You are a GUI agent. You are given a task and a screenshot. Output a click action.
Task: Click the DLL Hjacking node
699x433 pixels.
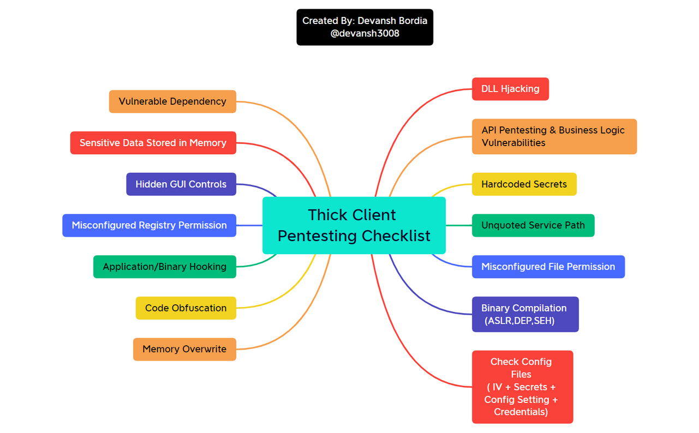[x=510, y=89]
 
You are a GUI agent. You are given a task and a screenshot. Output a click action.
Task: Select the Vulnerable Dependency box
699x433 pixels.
[x=172, y=101]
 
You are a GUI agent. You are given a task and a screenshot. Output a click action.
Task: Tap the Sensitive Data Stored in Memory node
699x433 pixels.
[x=153, y=143]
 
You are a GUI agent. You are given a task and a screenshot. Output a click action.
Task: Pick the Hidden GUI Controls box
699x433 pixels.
[x=181, y=184]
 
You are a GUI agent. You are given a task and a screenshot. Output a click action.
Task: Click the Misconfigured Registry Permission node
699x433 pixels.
[x=149, y=225]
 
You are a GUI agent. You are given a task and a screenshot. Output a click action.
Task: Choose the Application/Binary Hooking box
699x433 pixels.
[x=164, y=267]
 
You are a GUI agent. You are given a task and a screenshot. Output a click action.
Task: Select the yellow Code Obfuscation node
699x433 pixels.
[x=186, y=308]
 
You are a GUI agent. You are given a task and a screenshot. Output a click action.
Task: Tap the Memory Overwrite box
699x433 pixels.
[x=184, y=350]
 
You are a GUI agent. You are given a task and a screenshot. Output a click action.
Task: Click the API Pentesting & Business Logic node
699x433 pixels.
[x=554, y=136]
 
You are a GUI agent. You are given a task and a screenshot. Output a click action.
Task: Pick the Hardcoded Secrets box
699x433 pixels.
[x=524, y=184]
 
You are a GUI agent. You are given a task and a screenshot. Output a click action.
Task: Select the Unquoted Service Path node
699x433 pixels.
[x=533, y=225]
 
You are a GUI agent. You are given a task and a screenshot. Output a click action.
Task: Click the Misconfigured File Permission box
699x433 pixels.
[x=548, y=267]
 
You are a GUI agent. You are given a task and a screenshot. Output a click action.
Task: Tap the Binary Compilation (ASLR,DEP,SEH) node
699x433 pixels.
[x=525, y=314]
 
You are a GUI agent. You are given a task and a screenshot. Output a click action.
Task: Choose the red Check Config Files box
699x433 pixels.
[x=522, y=387]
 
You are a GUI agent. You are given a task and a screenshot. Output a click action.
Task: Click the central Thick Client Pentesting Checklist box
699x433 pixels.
[x=354, y=225]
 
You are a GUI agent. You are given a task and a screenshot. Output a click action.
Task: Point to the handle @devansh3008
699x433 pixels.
[x=365, y=33]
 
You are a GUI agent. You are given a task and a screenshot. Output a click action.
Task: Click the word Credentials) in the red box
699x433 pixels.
[x=521, y=412]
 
